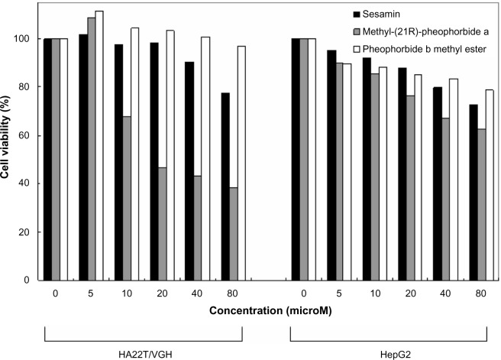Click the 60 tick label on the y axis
(27, 135)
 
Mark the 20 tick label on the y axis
(27, 232)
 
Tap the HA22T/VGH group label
(144, 350)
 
